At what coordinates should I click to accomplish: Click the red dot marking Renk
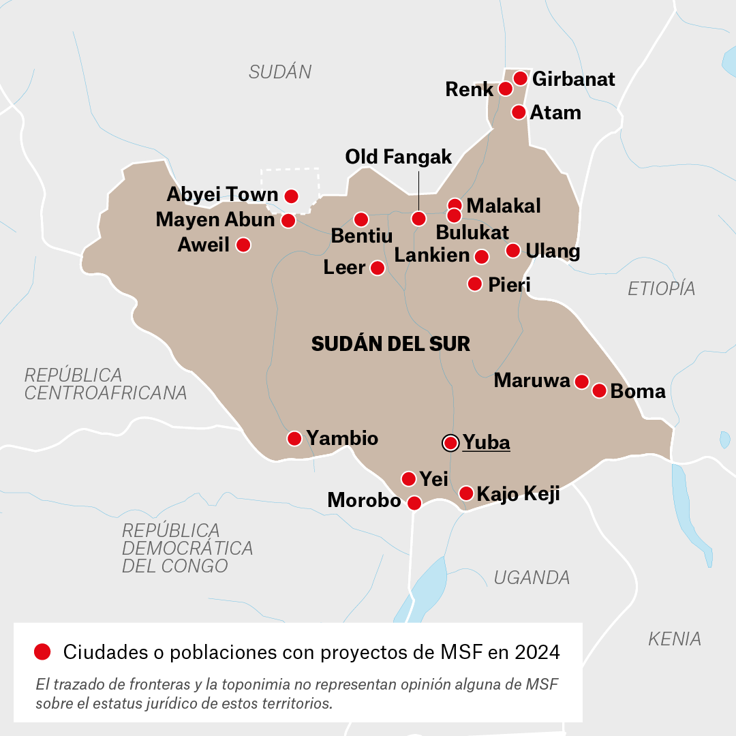[505, 89]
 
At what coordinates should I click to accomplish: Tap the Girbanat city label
[573, 79]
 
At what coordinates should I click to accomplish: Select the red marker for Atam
[519, 112]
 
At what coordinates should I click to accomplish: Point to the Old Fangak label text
[399, 157]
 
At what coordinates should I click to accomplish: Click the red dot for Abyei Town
[291, 196]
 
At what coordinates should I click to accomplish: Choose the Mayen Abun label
[215, 219]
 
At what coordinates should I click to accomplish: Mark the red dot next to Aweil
[243, 245]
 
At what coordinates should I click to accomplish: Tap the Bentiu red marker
[361, 219]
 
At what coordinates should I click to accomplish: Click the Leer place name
[344, 268]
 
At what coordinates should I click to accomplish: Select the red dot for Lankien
[481, 257]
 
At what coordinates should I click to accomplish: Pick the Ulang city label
[553, 251]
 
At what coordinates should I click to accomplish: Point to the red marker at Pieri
[475, 283]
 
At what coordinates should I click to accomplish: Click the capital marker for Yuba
[450, 443]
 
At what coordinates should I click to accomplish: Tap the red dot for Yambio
[294, 438]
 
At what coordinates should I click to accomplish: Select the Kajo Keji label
[518, 493]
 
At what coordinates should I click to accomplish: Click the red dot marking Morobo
[414, 503]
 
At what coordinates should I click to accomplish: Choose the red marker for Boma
[599, 390]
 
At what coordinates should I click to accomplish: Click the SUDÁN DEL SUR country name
[390, 344]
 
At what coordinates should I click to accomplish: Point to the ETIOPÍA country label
[661, 288]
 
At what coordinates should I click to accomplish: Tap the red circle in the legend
[42, 652]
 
